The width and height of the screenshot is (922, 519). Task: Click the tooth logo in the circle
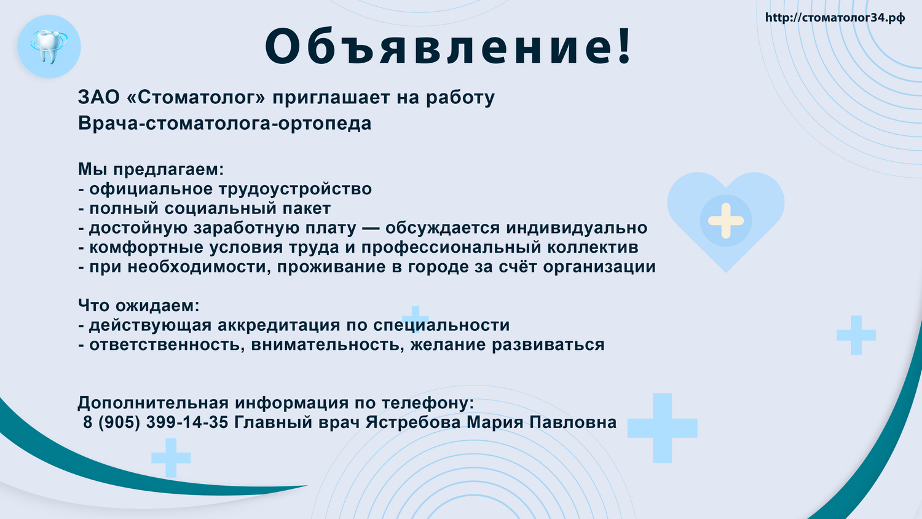(49, 47)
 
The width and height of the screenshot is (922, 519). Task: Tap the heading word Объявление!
(448, 46)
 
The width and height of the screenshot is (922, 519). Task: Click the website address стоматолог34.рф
(835, 18)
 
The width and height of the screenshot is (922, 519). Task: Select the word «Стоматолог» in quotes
(196, 98)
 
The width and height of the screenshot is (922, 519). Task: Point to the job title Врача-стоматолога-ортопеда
(225, 123)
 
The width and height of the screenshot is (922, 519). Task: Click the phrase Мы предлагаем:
(151, 169)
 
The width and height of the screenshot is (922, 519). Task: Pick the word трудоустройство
(294, 189)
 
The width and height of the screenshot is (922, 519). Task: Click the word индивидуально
(577, 228)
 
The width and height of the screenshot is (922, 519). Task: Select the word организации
(599, 267)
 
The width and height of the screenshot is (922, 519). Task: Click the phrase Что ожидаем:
(139, 306)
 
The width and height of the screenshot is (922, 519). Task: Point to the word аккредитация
(278, 325)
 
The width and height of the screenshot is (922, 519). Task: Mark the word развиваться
(548, 344)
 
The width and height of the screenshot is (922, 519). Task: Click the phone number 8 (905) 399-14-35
(156, 422)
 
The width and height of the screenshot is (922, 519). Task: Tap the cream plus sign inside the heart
(726, 221)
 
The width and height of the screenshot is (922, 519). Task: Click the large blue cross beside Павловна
(662, 428)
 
